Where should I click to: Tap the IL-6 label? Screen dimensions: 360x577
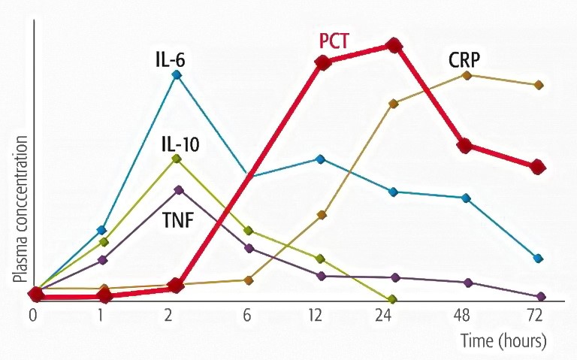tap(166, 56)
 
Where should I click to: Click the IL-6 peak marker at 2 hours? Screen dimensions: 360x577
tap(177, 74)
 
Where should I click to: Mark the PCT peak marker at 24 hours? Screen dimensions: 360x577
tap(393, 46)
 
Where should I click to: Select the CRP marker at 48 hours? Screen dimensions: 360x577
tap(467, 74)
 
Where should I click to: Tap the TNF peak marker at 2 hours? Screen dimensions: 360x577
tap(178, 189)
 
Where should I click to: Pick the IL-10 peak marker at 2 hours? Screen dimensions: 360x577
tap(177, 159)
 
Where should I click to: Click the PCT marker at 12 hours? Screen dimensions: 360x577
tap(322, 62)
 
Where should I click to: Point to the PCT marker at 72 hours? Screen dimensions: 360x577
tap(537, 167)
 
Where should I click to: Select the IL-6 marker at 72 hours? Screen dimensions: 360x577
tap(538, 259)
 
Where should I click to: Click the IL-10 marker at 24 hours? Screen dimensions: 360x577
tap(392, 299)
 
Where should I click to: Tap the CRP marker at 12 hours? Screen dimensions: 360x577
tap(322, 216)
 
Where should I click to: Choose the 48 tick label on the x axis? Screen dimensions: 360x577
tap(466, 315)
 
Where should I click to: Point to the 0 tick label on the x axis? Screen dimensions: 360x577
tap(32, 315)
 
